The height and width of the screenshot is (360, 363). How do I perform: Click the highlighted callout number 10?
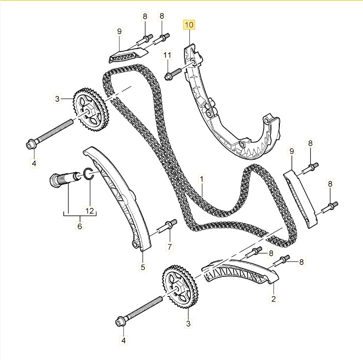pyautogui.click(x=189, y=24)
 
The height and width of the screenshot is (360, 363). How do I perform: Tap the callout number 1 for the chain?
pyautogui.click(x=201, y=177)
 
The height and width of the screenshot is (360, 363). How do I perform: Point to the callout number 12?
pyautogui.click(x=90, y=210)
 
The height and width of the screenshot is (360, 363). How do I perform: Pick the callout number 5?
pyautogui.click(x=143, y=267)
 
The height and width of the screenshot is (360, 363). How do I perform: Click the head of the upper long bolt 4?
pyautogui.click(x=31, y=145)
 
